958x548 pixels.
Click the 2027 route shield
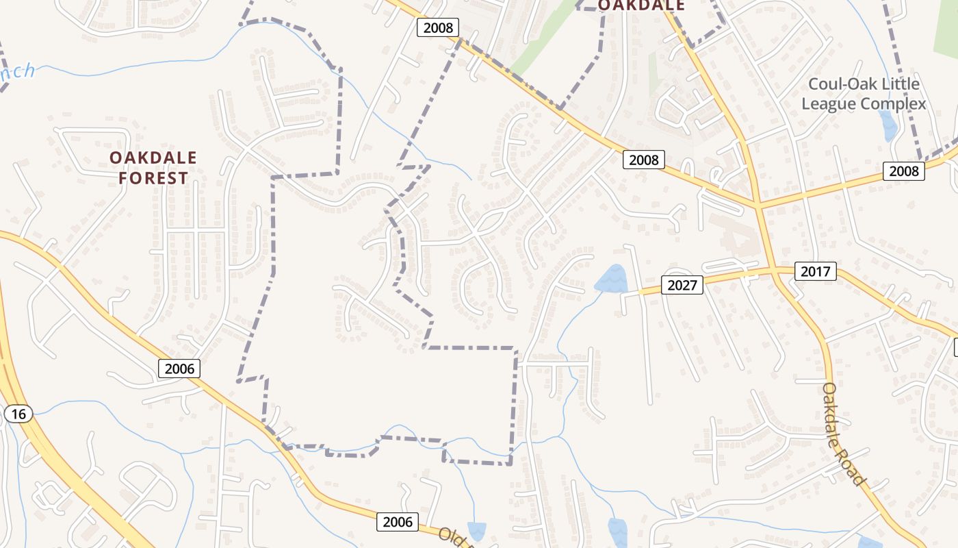pyautogui.click(x=682, y=284)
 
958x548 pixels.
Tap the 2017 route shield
pyautogui.click(x=816, y=271)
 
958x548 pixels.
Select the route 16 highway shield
pyautogui.click(x=18, y=414)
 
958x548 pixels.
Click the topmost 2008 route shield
pyautogui.click(x=438, y=28)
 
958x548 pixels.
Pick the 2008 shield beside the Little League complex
pyautogui.click(x=903, y=171)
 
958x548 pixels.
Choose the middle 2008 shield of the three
pyautogui.click(x=644, y=160)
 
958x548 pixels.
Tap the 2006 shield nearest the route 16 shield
pyautogui.click(x=180, y=369)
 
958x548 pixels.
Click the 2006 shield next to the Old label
pyautogui.click(x=398, y=522)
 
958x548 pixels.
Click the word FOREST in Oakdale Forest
pyautogui.click(x=153, y=179)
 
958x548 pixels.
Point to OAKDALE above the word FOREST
pyautogui.click(x=153, y=158)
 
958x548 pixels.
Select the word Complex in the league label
pyautogui.click(x=894, y=104)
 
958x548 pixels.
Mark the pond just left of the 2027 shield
pyautogui.click(x=610, y=279)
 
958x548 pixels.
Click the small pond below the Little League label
pyautogui.click(x=888, y=125)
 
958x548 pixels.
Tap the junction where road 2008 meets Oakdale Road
pyautogui.click(x=758, y=203)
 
